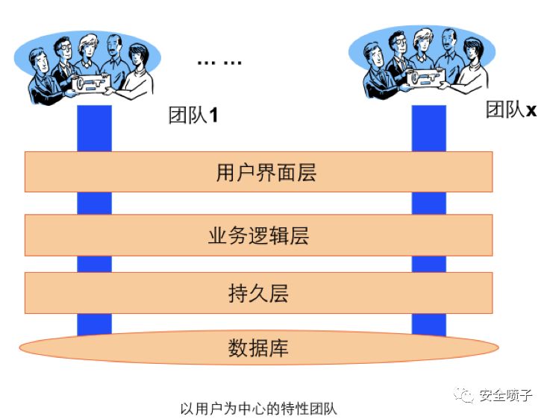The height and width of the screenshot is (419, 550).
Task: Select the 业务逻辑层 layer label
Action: (258, 236)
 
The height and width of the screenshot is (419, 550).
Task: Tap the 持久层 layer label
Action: (258, 293)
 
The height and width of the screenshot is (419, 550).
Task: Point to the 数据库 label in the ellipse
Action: (258, 347)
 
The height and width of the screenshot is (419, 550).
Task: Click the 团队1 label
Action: (193, 116)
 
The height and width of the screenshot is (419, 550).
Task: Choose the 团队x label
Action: (511, 110)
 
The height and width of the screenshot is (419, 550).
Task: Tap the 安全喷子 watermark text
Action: (505, 395)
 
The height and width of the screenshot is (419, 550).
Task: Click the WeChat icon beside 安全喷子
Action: (466, 395)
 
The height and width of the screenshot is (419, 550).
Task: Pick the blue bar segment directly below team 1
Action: (94, 128)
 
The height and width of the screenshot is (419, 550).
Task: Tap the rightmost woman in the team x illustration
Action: (471, 60)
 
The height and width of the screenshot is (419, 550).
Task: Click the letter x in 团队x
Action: (531, 111)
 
